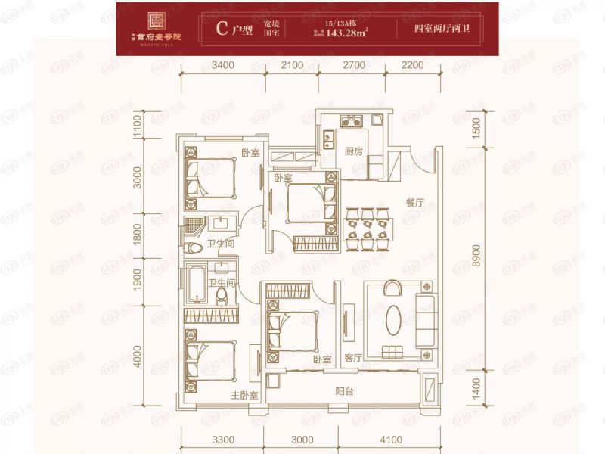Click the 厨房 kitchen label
pyautogui.click(x=354, y=151)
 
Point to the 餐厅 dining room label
pyautogui.click(x=414, y=202)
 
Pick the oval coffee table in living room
pyautogui.click(x=396, y=320)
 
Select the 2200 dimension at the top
pyautogui.click(x=413, y=67)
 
